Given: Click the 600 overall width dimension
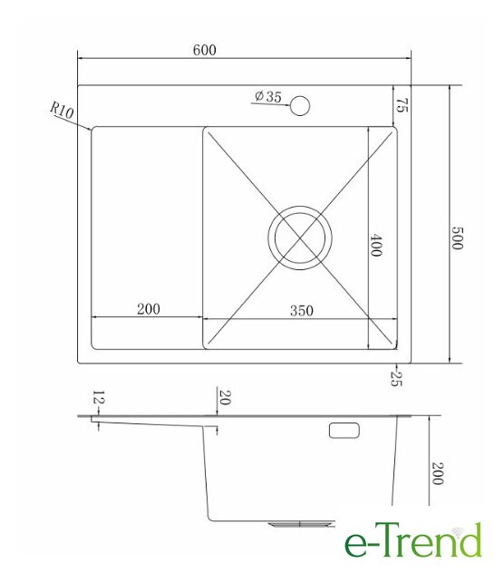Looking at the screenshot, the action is click(x=204, y=50).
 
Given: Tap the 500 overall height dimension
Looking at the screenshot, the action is click(x=457, y=238).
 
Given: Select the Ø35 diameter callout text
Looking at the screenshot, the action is click(x=268, y=96).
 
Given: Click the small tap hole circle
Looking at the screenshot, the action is click(x=300, y=105).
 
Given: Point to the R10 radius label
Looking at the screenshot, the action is click(x=62, y=110).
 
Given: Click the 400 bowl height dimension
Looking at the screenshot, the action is click(x=376, y=246).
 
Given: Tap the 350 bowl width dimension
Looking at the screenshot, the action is click(x=302, y=311).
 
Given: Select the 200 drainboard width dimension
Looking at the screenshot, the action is click(x=149, y=309).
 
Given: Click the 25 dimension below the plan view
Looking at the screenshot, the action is click(x=396, y=379).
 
